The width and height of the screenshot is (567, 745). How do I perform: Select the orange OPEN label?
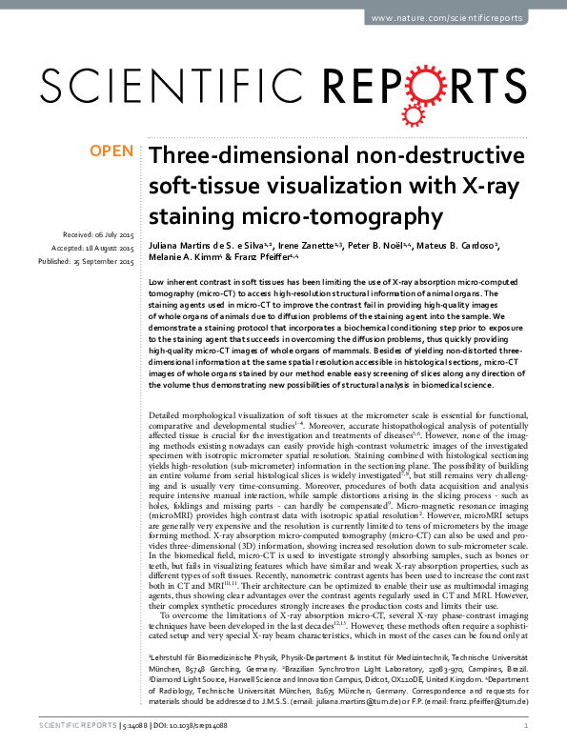point(111,151)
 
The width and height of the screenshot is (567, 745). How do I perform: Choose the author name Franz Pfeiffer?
point(243,258)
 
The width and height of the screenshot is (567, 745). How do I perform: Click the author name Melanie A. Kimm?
point(180,258)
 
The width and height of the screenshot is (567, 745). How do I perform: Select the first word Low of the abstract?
point(157,284)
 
